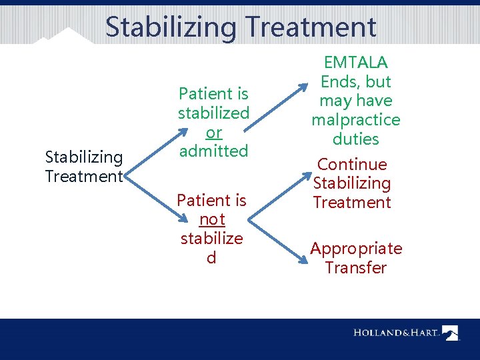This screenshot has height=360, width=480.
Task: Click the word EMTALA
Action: (356, 63)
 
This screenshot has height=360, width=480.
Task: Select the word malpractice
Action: (356, 120)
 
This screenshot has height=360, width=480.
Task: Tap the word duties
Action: (356, 139)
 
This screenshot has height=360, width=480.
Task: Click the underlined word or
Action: (213, 132)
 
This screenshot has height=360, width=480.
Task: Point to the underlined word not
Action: (212, 219)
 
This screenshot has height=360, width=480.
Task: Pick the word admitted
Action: (213, 151)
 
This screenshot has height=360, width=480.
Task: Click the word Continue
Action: (352, 164)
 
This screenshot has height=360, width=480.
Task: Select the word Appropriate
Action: (356, 249)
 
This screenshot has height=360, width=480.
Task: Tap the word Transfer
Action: (356, 268)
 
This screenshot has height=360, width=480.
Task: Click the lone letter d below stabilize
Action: (211, 257)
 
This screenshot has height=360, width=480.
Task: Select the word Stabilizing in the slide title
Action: (171, 27)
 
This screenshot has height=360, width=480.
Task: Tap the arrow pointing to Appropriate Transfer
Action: (277, 227)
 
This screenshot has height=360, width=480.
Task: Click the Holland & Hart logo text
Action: (396, 332)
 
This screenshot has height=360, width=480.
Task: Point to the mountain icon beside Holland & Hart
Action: (451, 332)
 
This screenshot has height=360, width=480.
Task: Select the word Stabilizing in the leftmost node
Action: (84, 157)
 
